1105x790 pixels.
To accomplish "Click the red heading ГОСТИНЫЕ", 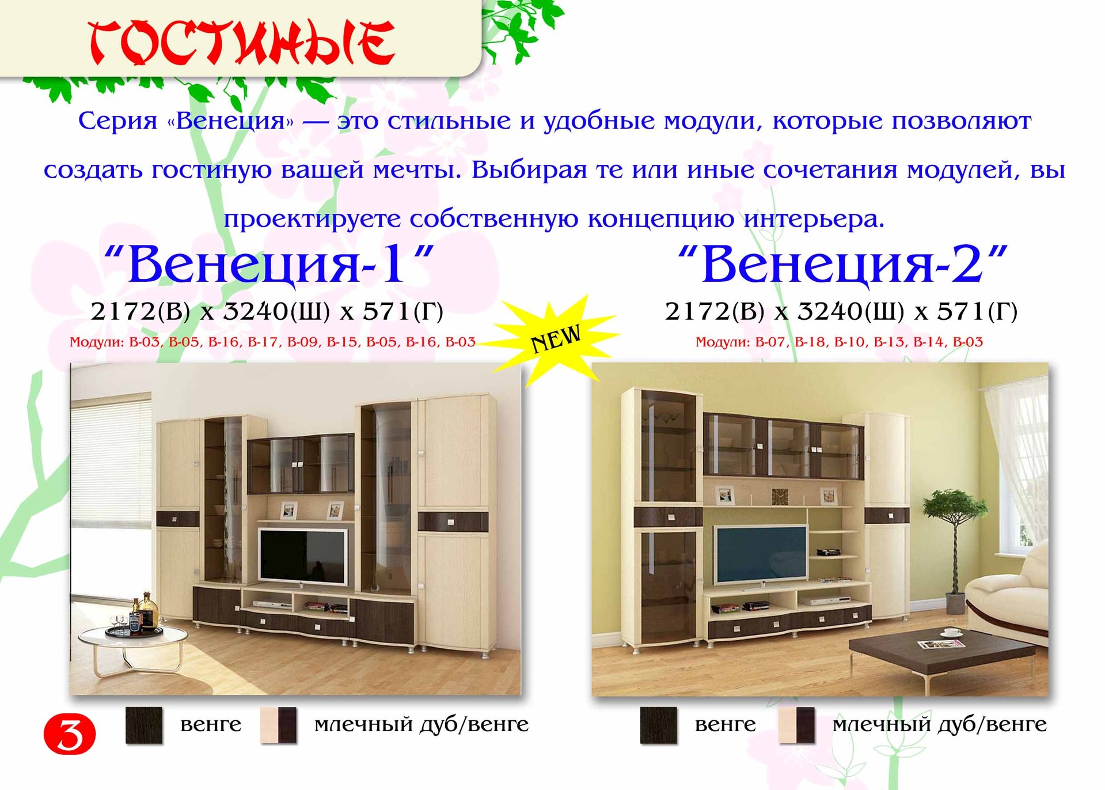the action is [242, 43].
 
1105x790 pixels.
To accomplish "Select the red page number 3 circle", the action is [70, 734].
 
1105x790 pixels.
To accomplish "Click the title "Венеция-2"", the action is [843, 264].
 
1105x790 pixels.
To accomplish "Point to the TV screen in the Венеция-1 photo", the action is [303, 556].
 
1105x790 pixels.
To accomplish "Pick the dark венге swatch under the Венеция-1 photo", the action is [144, 725].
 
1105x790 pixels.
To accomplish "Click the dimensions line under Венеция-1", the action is [267, 312].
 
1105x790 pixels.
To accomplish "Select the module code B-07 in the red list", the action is [770, 342].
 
